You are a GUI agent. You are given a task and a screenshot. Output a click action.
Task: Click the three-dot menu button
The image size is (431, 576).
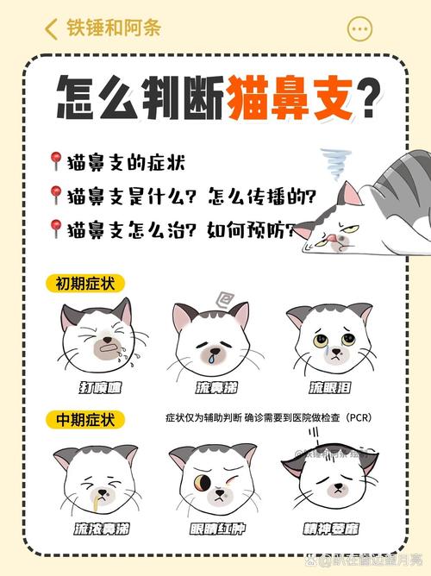(x=359, y=28)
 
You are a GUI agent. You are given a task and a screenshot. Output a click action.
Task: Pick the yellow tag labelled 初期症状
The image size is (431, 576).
(x=85, y=284)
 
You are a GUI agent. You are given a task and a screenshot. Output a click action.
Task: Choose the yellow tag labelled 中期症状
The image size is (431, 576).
(x=85, y=419)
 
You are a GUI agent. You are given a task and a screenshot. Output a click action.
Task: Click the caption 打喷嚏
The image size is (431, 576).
(x=97, y=388)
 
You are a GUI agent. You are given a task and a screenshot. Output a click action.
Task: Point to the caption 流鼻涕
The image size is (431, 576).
(x=211, y=388)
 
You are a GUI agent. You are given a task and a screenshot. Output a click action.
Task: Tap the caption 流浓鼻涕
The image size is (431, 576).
(x=95, y=528)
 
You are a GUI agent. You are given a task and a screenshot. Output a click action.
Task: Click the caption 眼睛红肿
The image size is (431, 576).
(x=211, y=528)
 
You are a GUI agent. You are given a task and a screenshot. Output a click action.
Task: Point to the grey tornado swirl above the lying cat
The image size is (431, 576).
(x=334, y=163)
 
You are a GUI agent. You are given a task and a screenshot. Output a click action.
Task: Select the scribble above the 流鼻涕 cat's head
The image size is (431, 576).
(x=223, y=298)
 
